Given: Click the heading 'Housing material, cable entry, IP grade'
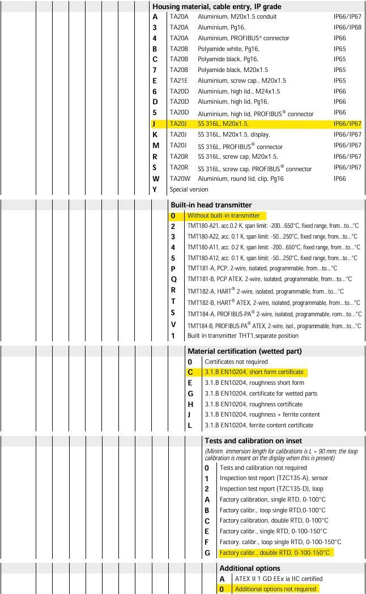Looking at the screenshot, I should [216, 6].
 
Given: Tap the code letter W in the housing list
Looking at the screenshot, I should [155, 179].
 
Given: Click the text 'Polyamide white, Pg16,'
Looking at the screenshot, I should [228, 49].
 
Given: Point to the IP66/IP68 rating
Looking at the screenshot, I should [347, 27].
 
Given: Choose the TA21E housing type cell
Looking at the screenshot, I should [179, 80].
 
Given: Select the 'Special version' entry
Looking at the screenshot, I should [189, 189].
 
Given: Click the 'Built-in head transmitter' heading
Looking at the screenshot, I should [211, 205].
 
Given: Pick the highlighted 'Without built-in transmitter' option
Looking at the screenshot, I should [223, 215].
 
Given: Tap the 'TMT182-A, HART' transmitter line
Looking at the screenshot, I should [265, 291].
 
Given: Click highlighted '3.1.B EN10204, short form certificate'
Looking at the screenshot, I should [254, 372].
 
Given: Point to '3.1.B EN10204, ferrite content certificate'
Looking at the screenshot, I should [258, 425].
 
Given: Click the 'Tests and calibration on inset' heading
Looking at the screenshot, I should [253, 440].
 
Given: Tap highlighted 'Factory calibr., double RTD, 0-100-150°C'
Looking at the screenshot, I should [274, 553].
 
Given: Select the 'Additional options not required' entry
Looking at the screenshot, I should [275, 589].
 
